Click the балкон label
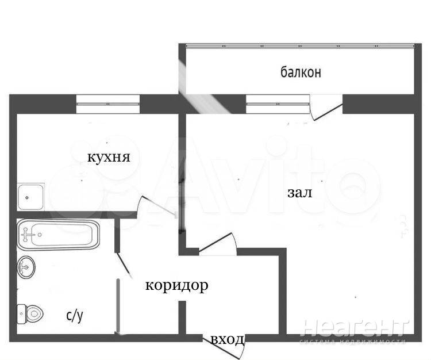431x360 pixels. tap(301, 72)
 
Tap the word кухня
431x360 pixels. tap(109, 158)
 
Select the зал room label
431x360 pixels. tap(300, 193)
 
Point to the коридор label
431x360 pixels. tap(177, 286)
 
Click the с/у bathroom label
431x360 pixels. tap(75, 316)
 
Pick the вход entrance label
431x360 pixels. tap(228, 340)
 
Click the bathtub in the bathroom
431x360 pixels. tap(58, 235)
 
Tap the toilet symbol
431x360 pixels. tap(30, 314)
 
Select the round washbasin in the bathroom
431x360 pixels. tap(26, 267)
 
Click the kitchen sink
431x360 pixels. tap(30, 197)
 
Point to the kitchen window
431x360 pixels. tap(108, 104)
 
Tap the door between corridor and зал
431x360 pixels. tap(217, 243)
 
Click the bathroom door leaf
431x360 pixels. tap(124, 264)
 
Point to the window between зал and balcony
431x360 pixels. tap(278, 104)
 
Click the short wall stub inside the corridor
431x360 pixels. tap(182, 317)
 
